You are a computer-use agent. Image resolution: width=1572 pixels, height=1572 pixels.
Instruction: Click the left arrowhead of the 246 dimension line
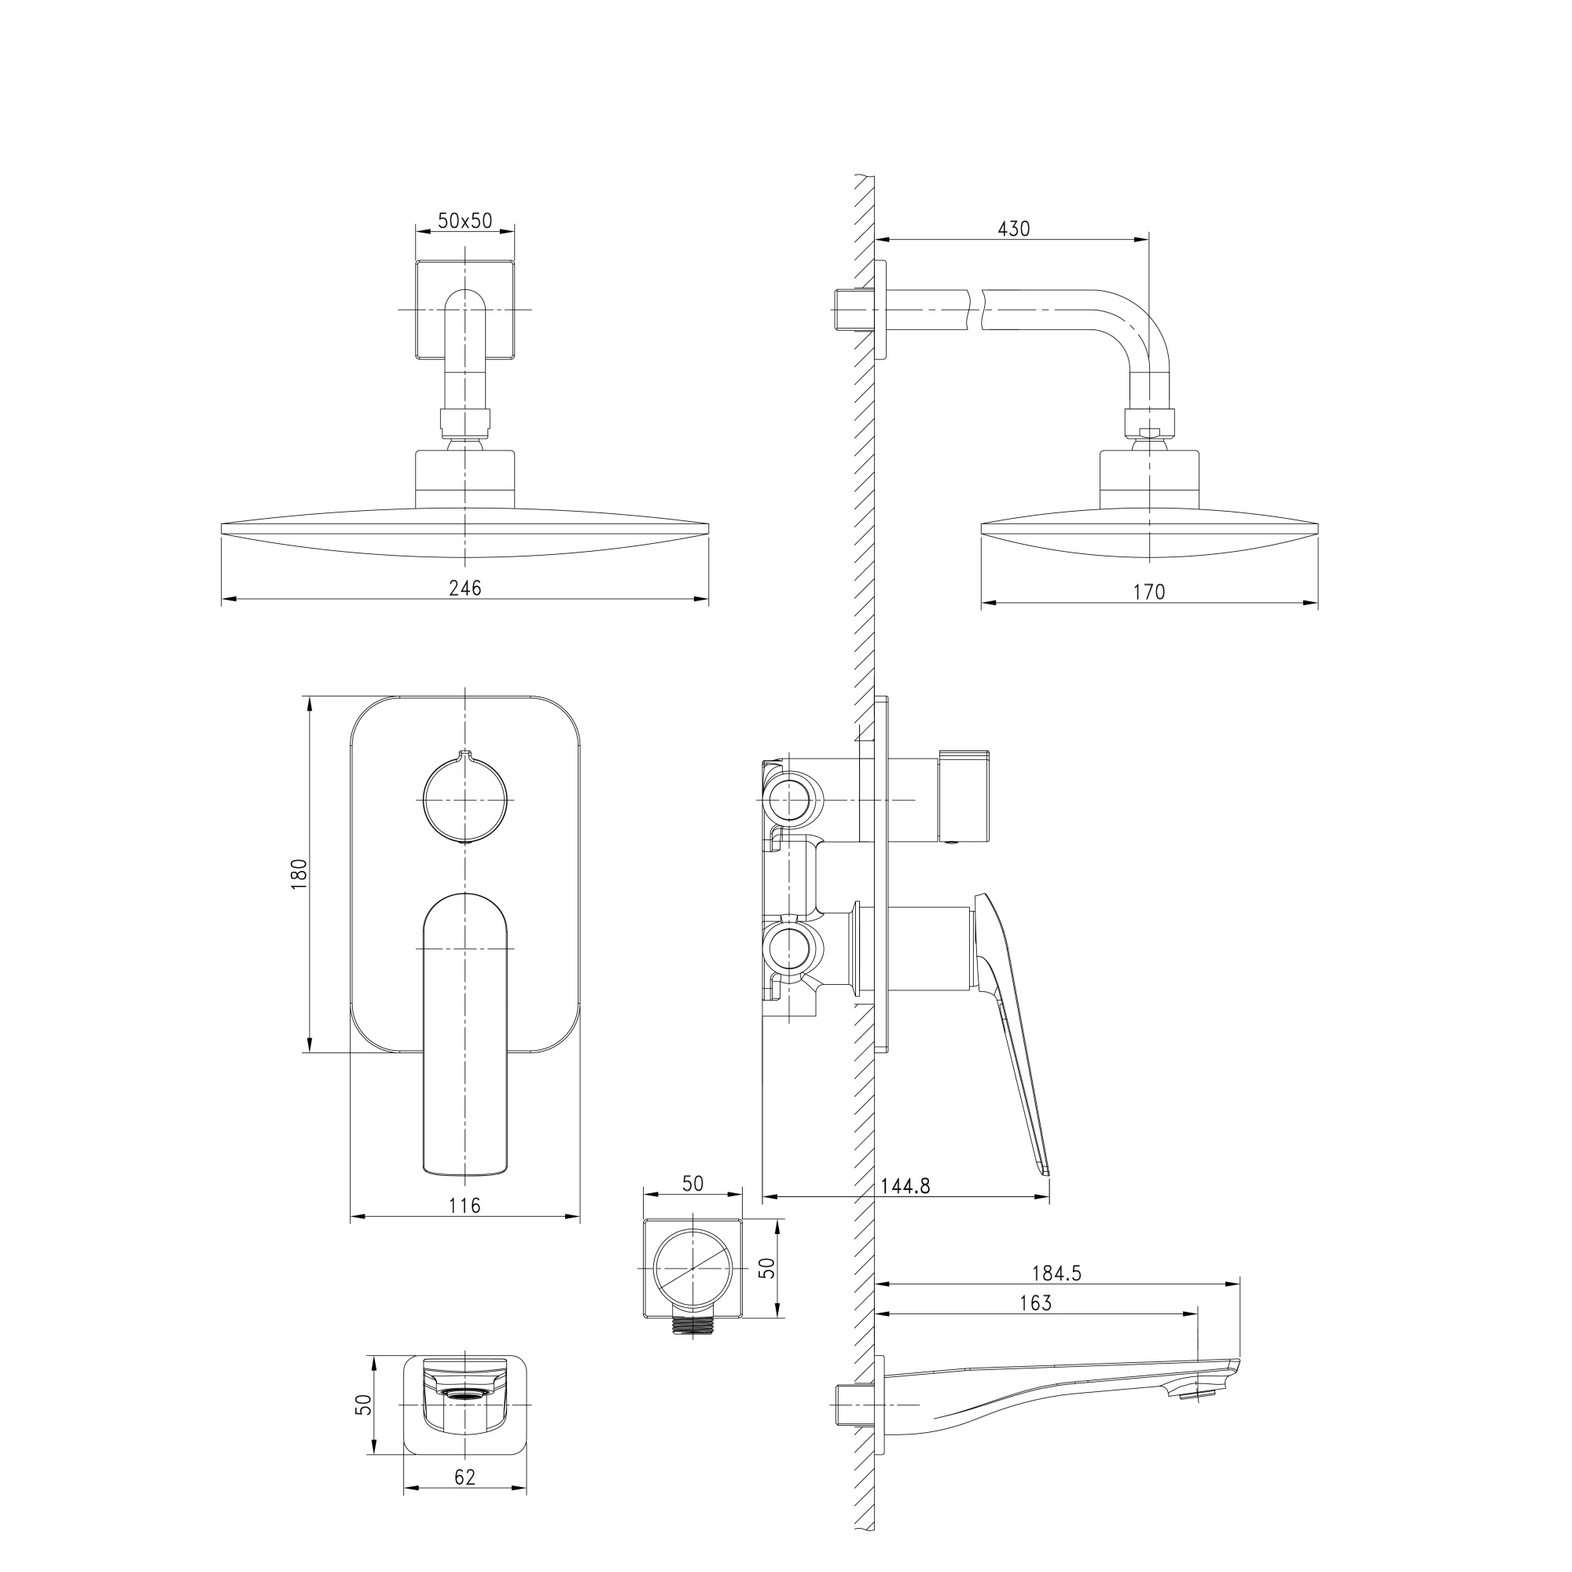point(229,600)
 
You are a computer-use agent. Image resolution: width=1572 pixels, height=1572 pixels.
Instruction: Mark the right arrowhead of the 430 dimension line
point(1140,239)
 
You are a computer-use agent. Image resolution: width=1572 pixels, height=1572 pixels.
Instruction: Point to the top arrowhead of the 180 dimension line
point(309,704)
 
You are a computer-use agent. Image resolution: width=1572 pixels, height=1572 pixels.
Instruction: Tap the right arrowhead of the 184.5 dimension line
point(1232,1284)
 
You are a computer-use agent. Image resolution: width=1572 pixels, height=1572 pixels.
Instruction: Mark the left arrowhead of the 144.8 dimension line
point(770,1196)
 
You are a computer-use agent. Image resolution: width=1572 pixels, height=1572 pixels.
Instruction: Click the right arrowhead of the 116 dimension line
point(572,1217)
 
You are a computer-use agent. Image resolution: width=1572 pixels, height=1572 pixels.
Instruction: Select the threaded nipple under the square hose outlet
point(692,1324)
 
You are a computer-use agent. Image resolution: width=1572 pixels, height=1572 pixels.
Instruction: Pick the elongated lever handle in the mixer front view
point(465,1034)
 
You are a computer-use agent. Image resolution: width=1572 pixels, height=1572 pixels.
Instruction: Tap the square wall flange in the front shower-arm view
point(465,309)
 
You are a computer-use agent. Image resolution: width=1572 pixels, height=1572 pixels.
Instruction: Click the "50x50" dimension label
point(465,221)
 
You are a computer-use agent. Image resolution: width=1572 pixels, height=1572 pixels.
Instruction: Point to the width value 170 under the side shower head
point(1150,592)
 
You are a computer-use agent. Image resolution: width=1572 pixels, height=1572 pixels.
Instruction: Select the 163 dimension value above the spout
point(1035,1302)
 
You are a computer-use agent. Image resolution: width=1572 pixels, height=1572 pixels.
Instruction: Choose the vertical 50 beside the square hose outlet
point(766,1267)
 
